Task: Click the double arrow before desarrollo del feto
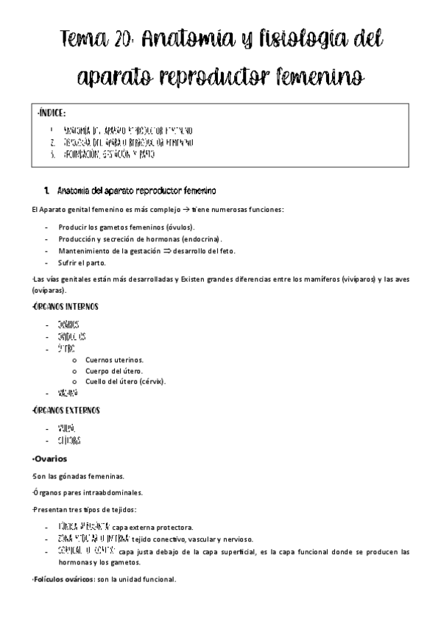coord(156,250)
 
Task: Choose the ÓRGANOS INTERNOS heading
coord(66,306)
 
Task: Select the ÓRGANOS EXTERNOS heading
coord(66,410)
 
